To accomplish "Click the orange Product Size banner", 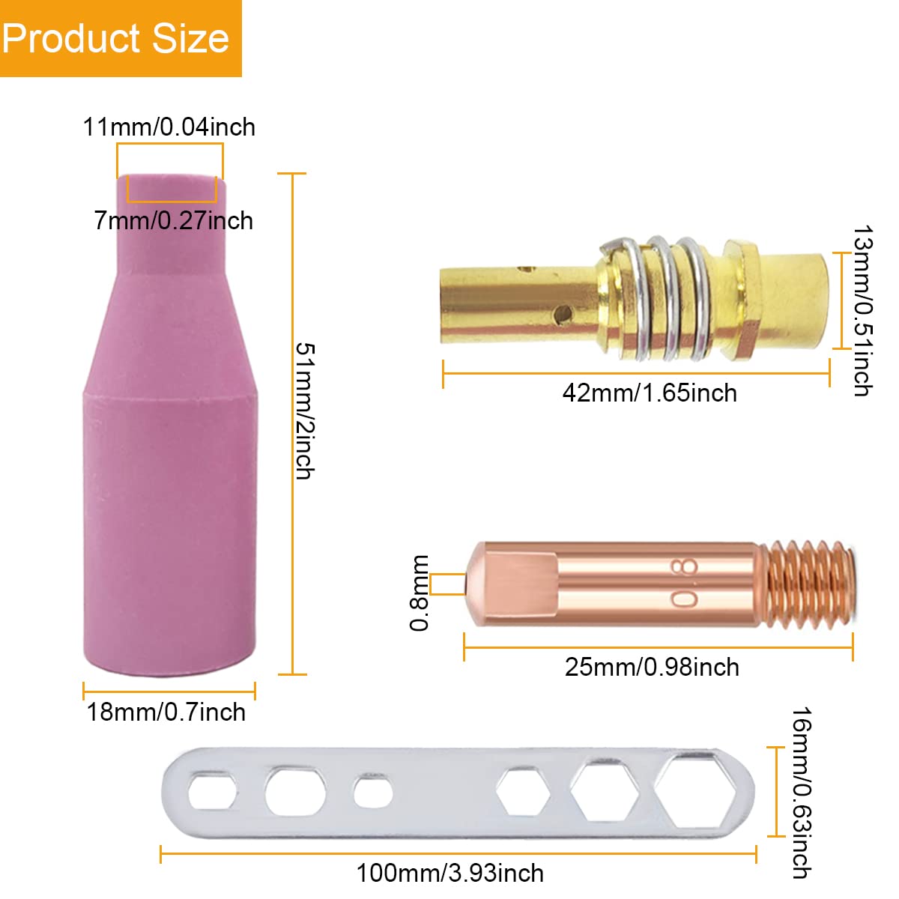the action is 121,38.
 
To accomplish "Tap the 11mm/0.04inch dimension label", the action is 169,127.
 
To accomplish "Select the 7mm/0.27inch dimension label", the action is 174,221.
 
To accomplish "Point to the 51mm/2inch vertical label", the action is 306,411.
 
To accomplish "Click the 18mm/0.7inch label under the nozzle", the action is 166,712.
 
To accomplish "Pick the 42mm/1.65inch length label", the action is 650,393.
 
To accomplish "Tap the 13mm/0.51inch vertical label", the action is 862,311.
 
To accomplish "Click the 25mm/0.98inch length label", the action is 652,668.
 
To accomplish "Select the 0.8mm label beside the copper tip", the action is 419,593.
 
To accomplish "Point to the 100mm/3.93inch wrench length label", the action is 450,873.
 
